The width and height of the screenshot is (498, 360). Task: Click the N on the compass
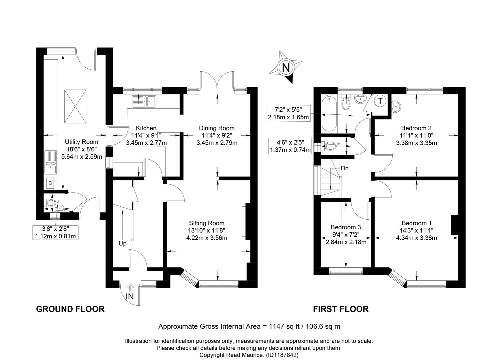point(286,67)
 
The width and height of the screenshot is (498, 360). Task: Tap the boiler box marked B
point(50,183)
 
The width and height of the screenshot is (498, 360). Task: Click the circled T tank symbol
point(380,101)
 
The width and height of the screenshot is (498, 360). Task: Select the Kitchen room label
point(146,128)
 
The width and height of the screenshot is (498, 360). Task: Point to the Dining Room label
point(217,128)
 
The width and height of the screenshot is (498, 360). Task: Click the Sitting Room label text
point(207,223)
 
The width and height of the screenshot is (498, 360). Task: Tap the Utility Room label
point(82,142)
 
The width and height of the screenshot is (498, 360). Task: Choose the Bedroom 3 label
point(346,227)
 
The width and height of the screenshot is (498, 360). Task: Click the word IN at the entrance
point(130,296)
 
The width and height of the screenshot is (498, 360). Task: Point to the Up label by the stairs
point(122,244)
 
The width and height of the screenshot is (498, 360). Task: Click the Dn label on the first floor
point(345,168)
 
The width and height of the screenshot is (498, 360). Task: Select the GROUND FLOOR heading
point(70,309)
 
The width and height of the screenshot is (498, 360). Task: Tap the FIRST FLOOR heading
point(341,309)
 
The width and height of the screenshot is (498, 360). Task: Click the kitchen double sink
point(144,101)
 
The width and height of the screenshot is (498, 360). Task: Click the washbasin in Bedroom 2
point(396,106)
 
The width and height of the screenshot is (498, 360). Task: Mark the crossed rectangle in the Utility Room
point(75,106)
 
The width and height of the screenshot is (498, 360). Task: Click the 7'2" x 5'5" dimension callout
point(288,113)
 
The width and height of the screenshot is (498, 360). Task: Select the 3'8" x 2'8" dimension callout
point(55,232)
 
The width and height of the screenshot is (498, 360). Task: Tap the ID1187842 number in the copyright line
point(282,355)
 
